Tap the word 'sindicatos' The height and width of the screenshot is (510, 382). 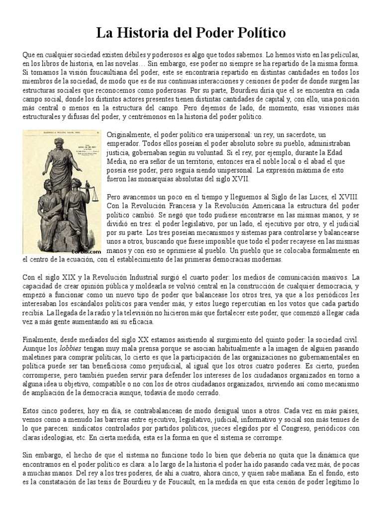73,429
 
